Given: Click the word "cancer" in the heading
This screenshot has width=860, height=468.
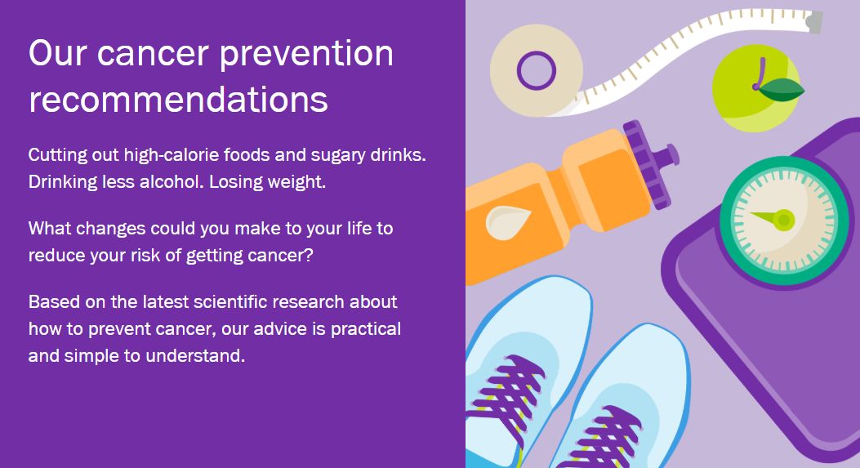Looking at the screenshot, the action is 153,55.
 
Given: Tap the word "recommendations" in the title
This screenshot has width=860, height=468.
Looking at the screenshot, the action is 178,100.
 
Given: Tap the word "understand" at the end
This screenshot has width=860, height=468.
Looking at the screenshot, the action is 194,355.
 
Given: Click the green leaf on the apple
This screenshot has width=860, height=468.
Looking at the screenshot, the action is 782,89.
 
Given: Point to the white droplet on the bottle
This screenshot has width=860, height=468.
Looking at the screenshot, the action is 506,222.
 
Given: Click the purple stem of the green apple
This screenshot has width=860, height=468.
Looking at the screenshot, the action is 759,74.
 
